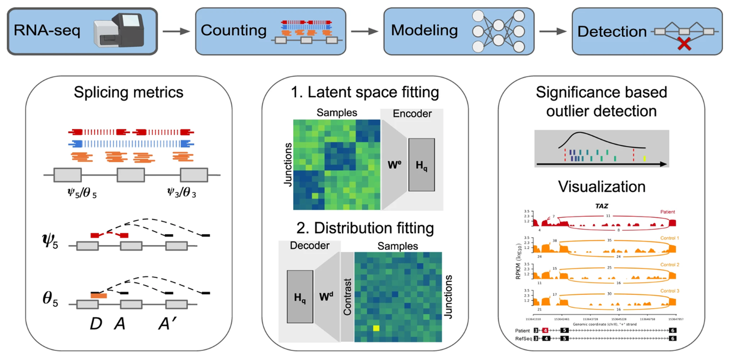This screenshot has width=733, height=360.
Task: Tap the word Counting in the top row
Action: pyautogui.click(x=234, y=31)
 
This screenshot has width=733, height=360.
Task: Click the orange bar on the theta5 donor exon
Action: pyautogui.click(x=98, y=295)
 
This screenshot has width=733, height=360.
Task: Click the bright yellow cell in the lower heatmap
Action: pyautogui.click(x=376, y=328)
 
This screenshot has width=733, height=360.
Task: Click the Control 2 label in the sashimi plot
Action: pyautogui.click(x=670, y=265)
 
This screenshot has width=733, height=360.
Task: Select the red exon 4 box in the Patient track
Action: pyautogui.click(x=545, y=330)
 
